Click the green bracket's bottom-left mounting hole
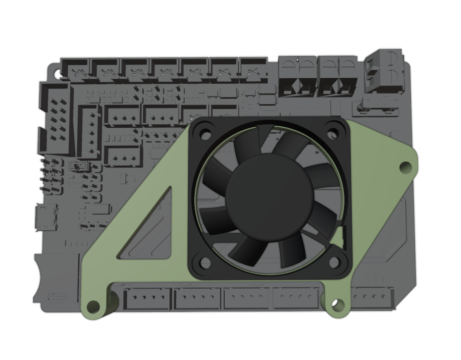[x=91, y=306]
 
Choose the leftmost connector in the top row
[x=75, y=69]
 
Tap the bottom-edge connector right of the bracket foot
[x=372, y=298]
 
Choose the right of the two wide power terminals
[x=336, y=76]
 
